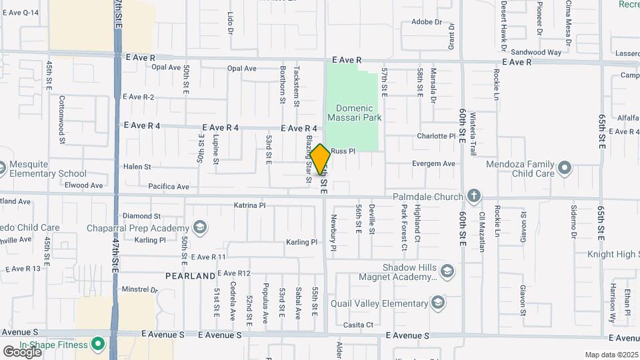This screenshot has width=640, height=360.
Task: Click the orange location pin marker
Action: [320, 160]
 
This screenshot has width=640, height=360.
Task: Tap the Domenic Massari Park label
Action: [354, 113]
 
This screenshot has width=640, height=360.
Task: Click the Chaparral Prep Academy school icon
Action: [199, 228]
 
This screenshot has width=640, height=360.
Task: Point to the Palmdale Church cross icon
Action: [473, 196]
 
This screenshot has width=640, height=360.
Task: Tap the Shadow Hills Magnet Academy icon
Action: [447, 271]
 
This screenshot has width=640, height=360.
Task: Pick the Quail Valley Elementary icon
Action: [437, 303]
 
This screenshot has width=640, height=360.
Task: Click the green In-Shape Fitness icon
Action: [98, 345]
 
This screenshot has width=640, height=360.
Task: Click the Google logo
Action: [22, 351]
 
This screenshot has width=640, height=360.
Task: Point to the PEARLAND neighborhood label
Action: [191, 275]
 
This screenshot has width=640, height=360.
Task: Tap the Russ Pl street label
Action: [343, 151]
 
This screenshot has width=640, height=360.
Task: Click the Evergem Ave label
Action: [433, 163]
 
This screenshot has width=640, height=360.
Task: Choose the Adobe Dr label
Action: [427, 22]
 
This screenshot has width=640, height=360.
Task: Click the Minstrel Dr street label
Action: [139, 290]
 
